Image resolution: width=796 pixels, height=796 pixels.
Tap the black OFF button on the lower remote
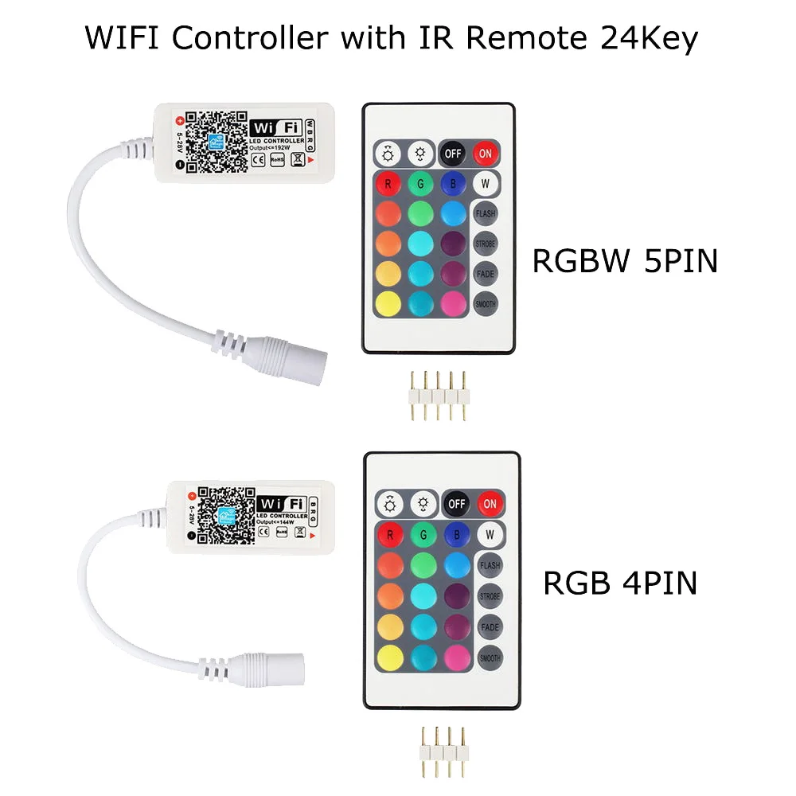(x=456, y=503)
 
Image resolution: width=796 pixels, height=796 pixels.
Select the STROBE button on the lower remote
(x=490, y=595)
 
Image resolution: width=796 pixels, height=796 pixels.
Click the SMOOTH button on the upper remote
(x=485, y=303)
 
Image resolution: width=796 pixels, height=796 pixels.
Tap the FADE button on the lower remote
(x=490, y=626)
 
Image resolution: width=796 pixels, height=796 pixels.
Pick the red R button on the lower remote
(x=389, y=535)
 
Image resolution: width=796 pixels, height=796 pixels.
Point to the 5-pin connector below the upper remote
(x=435, y=395)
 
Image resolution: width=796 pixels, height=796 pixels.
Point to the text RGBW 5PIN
(x=625, y=260)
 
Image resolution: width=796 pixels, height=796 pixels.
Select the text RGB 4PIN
(x=619, y=583)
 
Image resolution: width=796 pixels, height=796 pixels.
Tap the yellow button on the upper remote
(x=388, y=303)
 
